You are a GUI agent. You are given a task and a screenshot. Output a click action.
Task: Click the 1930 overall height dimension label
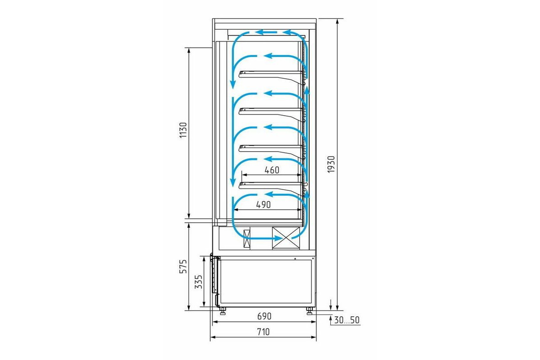[x=332, y=164]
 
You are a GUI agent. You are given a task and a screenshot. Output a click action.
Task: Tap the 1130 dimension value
[x=183, y=130]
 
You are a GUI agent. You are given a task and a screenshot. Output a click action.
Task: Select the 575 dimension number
[x=183, y=266]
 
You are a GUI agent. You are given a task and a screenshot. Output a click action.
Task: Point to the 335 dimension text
[x=198, y=282]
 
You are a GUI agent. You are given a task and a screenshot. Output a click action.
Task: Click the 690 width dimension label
[x=264, y=316]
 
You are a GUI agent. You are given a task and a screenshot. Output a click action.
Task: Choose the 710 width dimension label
[x=263, y=332]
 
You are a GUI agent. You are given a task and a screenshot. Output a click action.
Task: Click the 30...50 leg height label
[x=346, y=320]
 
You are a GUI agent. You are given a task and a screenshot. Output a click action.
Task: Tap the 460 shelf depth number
[x=272, y=170]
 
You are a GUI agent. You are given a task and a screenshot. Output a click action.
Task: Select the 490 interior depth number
[x=263, y=205]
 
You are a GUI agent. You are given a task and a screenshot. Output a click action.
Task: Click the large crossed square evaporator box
[x=286, y=238]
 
